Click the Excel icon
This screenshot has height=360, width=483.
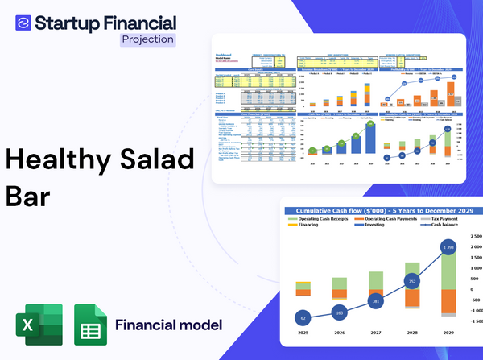[37, 325]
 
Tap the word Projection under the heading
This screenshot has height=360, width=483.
[147, 39]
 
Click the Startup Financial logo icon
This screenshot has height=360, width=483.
[23, 22]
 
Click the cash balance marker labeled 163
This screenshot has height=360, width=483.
[340, 312]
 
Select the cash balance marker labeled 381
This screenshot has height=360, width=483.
[376, 301]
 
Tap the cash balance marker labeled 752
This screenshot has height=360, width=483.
[411, 282]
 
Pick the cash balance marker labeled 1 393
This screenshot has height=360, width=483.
[448, 246]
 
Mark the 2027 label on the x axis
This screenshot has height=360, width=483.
[376, 331]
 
